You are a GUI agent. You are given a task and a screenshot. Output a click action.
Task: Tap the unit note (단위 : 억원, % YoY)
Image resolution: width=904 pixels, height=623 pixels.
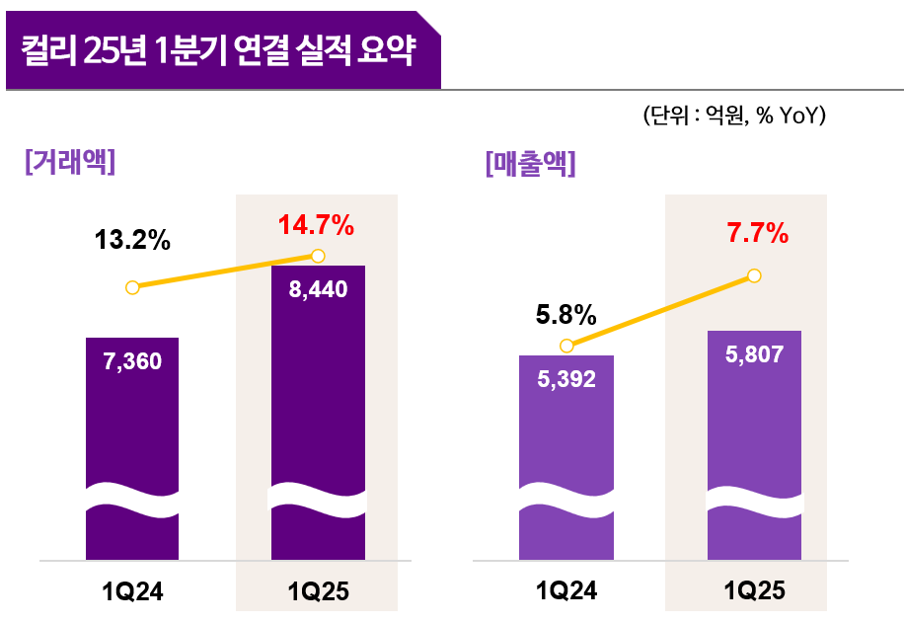(733, 117)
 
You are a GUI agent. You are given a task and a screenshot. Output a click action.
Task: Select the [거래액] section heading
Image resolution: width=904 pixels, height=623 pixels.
(69, 161)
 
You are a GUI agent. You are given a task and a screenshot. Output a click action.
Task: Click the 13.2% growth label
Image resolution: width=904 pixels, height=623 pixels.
(133, 240)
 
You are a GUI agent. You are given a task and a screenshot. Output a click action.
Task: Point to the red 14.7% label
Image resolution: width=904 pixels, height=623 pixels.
(316, 226)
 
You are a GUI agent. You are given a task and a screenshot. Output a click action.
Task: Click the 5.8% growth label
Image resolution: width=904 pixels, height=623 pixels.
(565, 315)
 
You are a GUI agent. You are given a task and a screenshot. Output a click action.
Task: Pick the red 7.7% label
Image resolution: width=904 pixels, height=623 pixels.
(757, 234)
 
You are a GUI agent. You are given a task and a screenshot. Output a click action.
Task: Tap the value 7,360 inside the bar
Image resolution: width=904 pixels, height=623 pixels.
(132, 361)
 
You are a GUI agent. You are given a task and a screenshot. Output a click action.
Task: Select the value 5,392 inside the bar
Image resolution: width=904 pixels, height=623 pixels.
(566, 378)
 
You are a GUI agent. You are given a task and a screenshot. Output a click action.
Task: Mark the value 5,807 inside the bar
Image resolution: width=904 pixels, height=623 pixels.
(754, 354)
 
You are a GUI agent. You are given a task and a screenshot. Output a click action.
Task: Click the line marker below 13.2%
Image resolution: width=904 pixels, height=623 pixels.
(132, 287)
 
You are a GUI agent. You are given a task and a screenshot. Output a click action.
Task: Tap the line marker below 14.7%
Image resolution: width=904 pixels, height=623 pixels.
(318, 256)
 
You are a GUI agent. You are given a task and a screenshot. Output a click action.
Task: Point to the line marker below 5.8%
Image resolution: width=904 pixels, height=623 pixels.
(566, 346)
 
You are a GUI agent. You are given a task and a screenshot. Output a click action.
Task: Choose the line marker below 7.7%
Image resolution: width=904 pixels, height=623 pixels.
(755, 275)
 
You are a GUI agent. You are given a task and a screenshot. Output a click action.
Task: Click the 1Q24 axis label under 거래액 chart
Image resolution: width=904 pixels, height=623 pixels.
(132, 592)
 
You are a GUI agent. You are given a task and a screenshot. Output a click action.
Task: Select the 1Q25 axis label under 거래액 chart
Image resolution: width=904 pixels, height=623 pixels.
(318, 592)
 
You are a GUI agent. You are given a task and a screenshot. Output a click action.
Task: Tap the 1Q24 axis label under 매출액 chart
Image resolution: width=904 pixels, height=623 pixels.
(566, 592)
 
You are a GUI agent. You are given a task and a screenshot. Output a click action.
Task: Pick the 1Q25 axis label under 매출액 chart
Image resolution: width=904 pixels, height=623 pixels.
(754, 592)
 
